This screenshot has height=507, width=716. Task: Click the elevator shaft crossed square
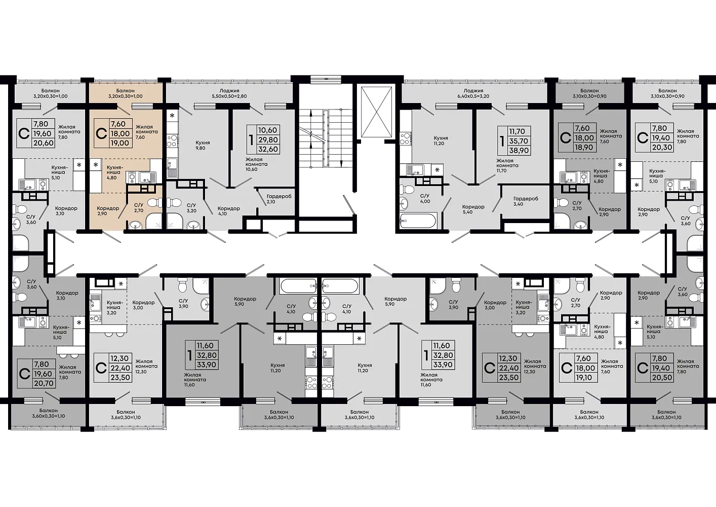376,113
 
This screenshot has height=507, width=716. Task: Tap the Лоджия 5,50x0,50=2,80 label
229,93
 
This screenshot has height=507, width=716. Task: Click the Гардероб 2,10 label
279,199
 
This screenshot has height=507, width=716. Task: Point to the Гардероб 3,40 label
526,201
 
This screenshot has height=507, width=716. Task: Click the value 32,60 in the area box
268,149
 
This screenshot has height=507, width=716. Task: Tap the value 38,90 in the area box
519,151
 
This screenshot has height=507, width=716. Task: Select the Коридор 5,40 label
473,209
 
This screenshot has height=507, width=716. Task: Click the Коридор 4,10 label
228,211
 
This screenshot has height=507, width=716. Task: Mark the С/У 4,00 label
425,198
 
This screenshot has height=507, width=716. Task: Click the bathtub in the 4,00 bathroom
417,221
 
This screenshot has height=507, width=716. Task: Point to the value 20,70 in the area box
44,383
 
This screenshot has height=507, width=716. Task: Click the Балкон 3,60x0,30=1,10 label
49,413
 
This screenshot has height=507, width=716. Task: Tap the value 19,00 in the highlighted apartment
120,143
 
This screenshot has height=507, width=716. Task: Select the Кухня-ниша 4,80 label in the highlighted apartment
113,172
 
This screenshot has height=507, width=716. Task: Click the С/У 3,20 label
191,208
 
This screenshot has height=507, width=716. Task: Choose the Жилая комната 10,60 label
256,164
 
